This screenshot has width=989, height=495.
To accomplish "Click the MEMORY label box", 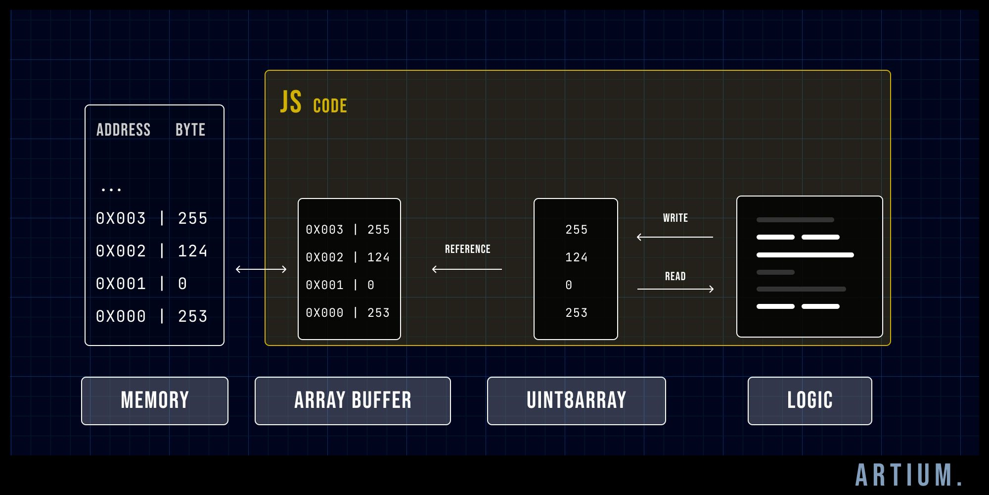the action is coord(155,400).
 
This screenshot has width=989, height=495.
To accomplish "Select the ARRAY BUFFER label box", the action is coord(353,400).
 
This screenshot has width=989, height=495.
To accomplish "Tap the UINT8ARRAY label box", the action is coord(576,400).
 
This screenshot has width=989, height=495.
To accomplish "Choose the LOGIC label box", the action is coord(809,400).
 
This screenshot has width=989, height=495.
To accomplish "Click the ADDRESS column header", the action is coord(123,130).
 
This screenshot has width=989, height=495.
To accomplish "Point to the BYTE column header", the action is coord(190,130).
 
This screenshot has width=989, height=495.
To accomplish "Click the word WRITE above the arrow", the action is coord(675,218).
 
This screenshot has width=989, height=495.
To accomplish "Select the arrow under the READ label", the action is coord(675,289).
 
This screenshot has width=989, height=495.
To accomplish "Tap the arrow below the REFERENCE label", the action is coord(467,269).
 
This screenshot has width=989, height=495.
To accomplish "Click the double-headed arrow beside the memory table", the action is coord(261,269).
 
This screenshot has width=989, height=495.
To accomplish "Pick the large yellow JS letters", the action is coord(291,102).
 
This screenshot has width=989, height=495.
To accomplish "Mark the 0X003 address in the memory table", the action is coord(121,218).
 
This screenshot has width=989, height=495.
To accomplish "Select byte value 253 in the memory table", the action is coord(192,316).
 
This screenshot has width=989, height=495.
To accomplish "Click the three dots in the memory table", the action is coord(111,189).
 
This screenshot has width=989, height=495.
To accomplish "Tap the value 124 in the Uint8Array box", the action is coord(576,257).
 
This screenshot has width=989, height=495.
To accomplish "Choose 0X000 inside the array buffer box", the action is coord(324,313).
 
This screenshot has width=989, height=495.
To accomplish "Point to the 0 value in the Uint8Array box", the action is coord(569,285).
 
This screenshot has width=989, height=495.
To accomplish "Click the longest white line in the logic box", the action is coord(805,255).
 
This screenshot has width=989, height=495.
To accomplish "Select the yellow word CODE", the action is coord(330,106).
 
